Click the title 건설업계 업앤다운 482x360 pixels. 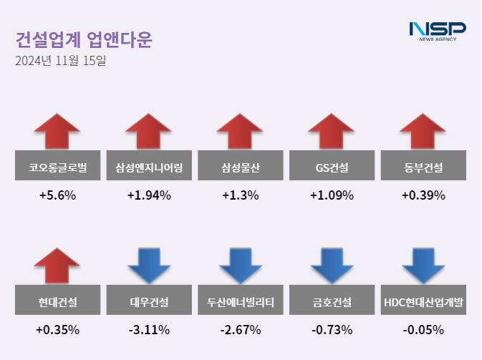(84, 39)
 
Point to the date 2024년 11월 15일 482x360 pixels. (60, 61)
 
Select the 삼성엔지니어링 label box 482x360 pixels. (149, 168)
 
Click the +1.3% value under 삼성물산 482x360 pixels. (240, 195)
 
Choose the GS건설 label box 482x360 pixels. (332, 168)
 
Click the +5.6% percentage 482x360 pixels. (57, 195)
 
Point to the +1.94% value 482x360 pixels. (149, 195)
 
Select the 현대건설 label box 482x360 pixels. (57, 302)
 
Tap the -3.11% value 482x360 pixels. (149, 330)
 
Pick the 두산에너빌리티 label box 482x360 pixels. (240, 302)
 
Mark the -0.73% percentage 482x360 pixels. (332, 330)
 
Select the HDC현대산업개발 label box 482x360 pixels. (423, 302)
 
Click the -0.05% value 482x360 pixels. (423, 330)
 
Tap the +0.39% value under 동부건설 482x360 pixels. (423, 195)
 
